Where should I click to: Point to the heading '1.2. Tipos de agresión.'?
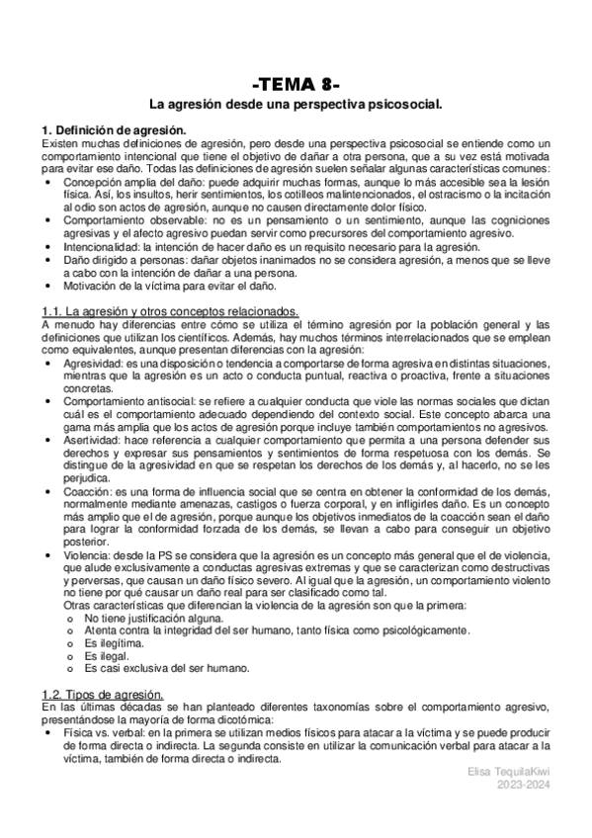[102, 696]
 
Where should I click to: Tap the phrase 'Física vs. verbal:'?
[104, 734]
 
